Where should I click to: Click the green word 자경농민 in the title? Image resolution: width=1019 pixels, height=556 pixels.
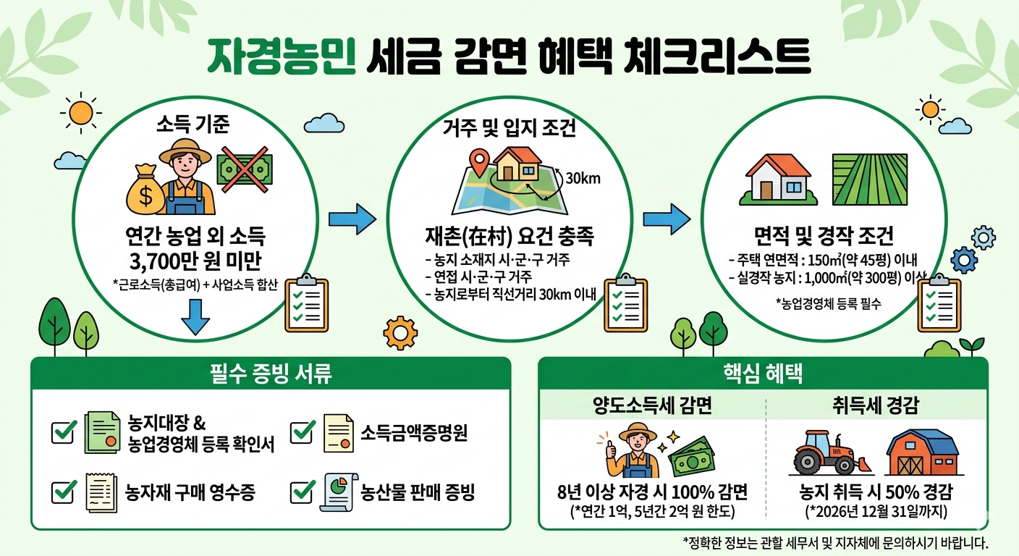pyautogui.click(x=282, y=56)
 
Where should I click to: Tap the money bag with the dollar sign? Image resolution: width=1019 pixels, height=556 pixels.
pyautogui.click(x=146, y=190)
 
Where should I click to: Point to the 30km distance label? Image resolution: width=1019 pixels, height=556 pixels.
pyautogui.click(x=583, y=178)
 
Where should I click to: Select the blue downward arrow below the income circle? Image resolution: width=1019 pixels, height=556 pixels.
pyautogui.click(x=195, y=317)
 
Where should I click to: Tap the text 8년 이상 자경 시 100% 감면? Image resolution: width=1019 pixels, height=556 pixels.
pyautogui.click(x=652, y=493)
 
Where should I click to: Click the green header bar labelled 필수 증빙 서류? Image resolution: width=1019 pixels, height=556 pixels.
pyautogui.click(x=271, y=374)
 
